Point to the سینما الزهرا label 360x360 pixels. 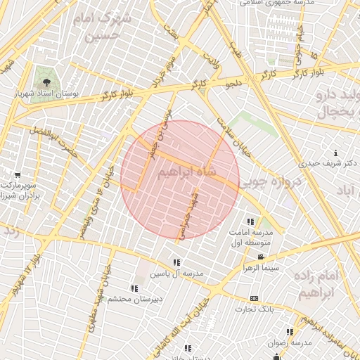point(259,269)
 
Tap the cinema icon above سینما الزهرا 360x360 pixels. point(261,257)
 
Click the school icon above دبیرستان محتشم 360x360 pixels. point(134,288)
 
